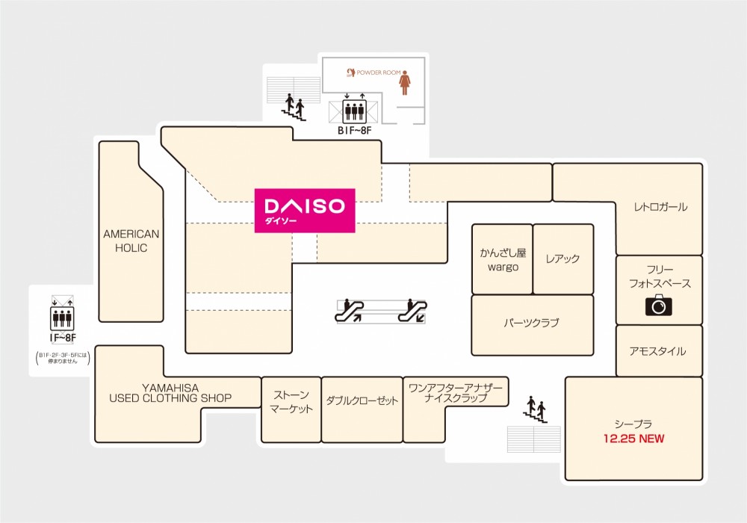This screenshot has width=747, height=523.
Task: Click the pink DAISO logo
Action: pos(305,211)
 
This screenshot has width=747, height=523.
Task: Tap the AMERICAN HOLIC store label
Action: pos(131,241)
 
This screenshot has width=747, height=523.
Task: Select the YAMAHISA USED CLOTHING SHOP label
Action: pos(170,393)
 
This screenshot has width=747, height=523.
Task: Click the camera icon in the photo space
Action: pos(659,305)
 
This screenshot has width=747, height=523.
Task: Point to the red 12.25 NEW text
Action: pos(633,439)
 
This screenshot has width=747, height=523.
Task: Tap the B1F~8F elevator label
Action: pos(354,131)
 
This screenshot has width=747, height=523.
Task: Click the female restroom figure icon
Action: pos(405,82)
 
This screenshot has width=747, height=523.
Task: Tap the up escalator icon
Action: pos(350,311)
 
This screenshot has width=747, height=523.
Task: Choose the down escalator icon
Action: pos(412,311)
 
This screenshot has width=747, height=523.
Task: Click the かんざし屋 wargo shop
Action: pos(502,259)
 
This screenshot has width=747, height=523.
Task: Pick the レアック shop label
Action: pos(562,259)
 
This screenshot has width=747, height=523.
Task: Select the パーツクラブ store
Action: pos(532,325)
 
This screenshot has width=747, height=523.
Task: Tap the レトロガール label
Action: pos(660,207)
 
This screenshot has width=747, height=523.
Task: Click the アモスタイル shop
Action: pos(659,350)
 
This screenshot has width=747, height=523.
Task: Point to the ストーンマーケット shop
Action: pos(291,409)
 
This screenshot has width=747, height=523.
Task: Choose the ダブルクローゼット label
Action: pos(362,400)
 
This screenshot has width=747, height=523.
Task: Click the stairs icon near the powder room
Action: pos(294,107)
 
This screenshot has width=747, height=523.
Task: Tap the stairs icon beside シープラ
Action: pos(536,409)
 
